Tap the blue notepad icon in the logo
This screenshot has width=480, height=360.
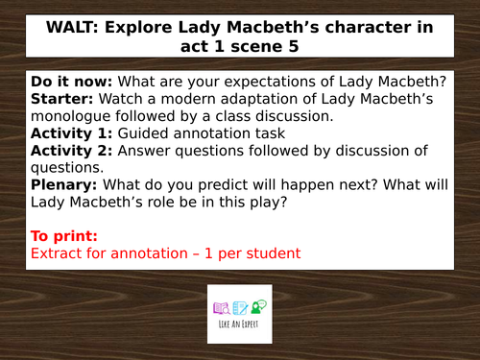click(x=239, y=307)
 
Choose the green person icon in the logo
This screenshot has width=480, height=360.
click(x=256, y=306)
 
